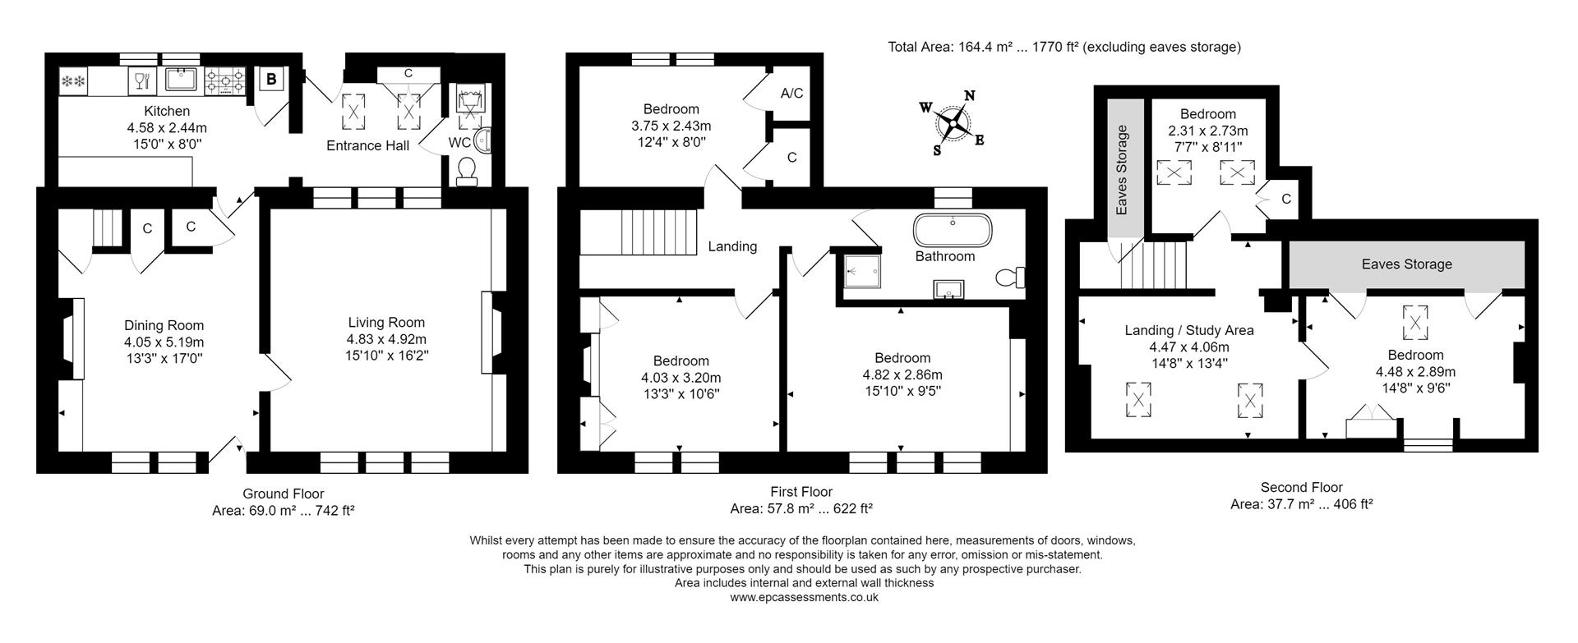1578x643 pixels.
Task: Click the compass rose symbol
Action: [x=953, y=123]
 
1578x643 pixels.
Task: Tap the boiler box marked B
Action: [x=272, y=79]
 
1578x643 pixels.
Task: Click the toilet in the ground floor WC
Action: [x=466, y=170]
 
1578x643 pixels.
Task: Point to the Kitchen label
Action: [x=167, y=111]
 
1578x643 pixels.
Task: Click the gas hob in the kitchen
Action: [x=224, y=80]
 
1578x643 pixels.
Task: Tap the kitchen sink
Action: [x=179, y=80]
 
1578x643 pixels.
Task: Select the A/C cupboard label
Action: [x=791, y=94]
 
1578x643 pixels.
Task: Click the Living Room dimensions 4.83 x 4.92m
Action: [x=386, y=339]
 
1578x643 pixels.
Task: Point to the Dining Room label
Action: [x=164, y=325]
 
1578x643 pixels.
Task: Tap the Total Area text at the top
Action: [x=1064, y=47]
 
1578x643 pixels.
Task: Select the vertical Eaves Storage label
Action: [x=1122, y=169]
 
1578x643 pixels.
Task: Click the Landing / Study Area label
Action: [x=1188, y=330]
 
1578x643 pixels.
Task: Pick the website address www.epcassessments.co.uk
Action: [x=804, y=597]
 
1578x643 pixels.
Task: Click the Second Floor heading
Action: [x=1301, y=487]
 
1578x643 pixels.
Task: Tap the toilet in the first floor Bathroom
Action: [x=1010, y=278]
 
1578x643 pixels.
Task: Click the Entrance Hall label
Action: [x=367, y=145]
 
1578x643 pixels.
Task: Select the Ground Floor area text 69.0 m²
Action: [x=283, y=510]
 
